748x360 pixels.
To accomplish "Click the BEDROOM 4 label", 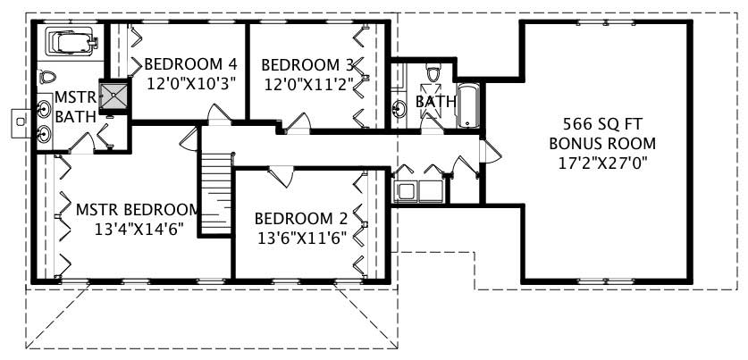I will [190, 64].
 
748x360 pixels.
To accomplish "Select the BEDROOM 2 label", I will [300, 218].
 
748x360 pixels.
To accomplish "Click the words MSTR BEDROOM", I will [136, 210].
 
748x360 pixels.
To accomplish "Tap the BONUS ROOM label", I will [602, 143].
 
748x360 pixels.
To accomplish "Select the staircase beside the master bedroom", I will [214, 191].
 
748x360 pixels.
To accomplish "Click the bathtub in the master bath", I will [69, 42].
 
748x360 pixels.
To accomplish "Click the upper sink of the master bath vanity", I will [45, 110].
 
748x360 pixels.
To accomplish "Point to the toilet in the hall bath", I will [433, 72].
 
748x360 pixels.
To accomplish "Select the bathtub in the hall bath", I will [468, 106].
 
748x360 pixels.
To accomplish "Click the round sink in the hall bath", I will [401, 108].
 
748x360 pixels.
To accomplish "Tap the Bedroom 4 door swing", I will [219, 114].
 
